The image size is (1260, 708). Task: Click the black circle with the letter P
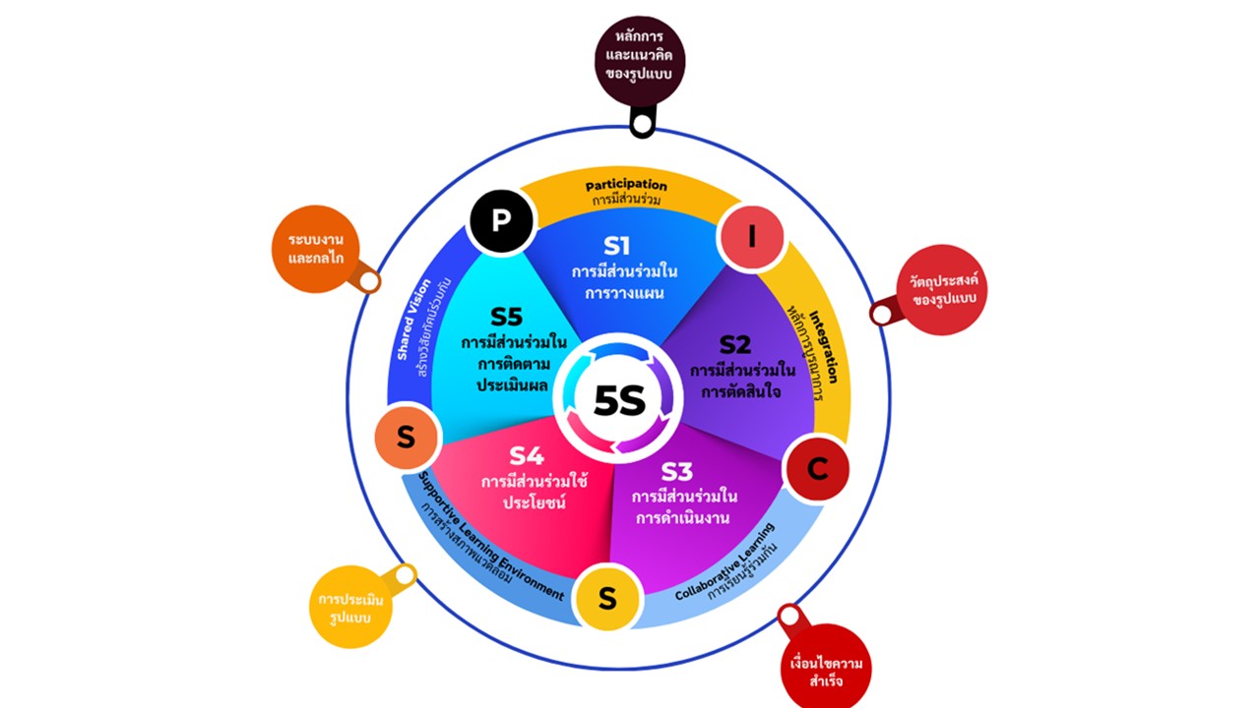coord(501,218)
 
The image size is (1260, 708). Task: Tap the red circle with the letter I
coord(752,237)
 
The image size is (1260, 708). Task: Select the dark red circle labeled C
coord(817,469)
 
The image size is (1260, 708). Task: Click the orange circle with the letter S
coord(406,437)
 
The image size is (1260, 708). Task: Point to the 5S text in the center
coord(619,400)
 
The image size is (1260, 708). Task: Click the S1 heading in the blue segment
coord(617,245)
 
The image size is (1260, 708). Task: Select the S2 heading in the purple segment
coord(734,345)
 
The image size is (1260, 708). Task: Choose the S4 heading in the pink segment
coord(526,456)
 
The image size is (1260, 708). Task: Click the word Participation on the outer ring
coord(626,185)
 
